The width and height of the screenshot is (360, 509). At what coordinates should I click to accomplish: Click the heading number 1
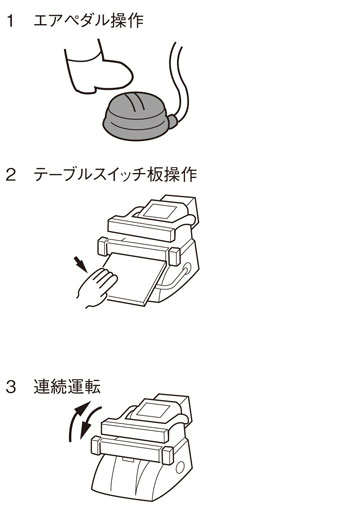(11, 21)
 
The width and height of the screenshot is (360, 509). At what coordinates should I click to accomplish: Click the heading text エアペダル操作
(89, 20)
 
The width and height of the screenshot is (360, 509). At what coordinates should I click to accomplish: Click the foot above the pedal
(99, 68)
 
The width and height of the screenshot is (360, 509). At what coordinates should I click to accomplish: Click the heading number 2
(11, 175)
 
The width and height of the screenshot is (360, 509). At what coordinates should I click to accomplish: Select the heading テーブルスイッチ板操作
(115, 174)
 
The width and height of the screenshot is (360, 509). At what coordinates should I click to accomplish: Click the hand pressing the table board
(97, 288)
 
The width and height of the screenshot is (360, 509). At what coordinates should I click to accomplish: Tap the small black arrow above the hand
(81, 263)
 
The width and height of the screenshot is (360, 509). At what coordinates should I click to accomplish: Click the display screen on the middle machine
(160, 211)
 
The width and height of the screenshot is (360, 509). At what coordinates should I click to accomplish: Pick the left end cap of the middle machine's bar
(103, 246)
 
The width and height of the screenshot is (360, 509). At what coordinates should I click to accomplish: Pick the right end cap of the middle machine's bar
(174, 257)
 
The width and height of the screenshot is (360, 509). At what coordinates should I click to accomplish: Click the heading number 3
(11, 387)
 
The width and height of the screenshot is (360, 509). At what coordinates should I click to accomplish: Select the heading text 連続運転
(67, 387)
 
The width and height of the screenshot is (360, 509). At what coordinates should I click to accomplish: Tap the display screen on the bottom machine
(153, 409)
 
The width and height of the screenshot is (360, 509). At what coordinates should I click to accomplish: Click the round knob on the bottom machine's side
(180, 467)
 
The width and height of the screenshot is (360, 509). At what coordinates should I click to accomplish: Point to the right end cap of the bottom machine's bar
(168, 455)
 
